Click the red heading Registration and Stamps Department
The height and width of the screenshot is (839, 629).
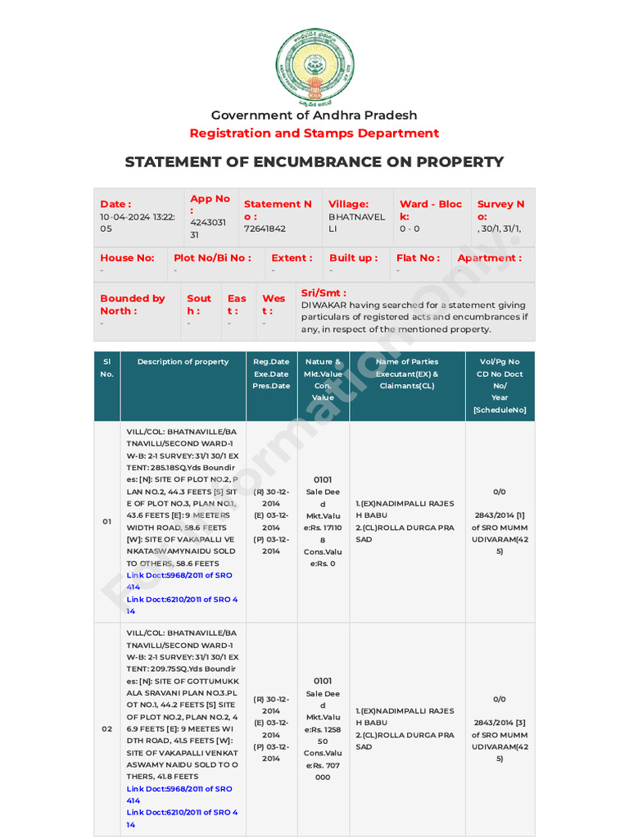pyautogui.click(x=314, y=133)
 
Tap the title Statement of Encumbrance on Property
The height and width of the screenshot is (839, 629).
pyautogui.click(x=314, y=161)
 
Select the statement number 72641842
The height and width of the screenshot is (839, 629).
pyautogui.click(x=265, y=229)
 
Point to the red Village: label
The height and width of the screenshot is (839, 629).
pyautogui.click(x=348, y=204)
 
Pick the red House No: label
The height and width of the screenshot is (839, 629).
pyautogui.click(x=127, y=257)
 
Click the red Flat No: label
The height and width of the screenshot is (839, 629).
pyautogui.click(x=418, y=257)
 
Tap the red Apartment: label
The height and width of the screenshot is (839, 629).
pyautogui.click(x=490, y=257)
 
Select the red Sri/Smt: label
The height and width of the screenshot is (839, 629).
pyautogui.click(x=324, y=293)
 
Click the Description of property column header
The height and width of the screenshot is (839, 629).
pyautogui.click(x=183, y=361)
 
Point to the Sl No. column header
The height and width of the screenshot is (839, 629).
pyautogui.click(x=106, y=367)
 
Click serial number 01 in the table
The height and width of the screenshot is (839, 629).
pyautogui.click(x=106, y=522)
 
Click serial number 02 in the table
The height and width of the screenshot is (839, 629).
pyautogui.click(x=106, y=728)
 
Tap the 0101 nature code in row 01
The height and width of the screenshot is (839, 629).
pyautogui.click(x=323, y=479)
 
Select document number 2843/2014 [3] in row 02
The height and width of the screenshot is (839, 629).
pyautogui.click(x=500, y=723)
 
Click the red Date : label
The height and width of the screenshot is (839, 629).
pyautogui.click(x=115, y=204)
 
